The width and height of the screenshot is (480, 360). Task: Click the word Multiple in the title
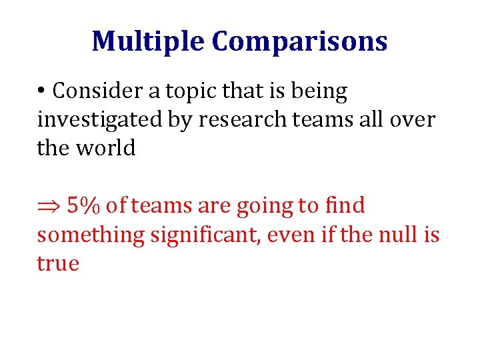click(x=149, y=41)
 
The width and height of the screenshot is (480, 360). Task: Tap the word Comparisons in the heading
click(x=299, y=41)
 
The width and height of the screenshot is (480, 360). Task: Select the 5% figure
click(x=82, y=207)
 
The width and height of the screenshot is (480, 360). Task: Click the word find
click(x=345, y=207)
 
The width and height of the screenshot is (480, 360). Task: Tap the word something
click(x=91, y=235)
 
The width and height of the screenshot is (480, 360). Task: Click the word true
click(x=58, y=263)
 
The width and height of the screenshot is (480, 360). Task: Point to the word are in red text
click(x=212, y=207)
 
